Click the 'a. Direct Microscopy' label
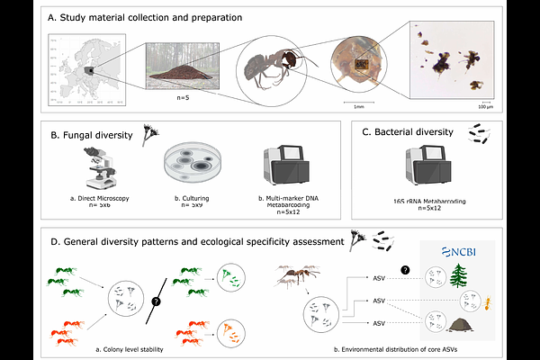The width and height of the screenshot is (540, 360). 94,197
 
